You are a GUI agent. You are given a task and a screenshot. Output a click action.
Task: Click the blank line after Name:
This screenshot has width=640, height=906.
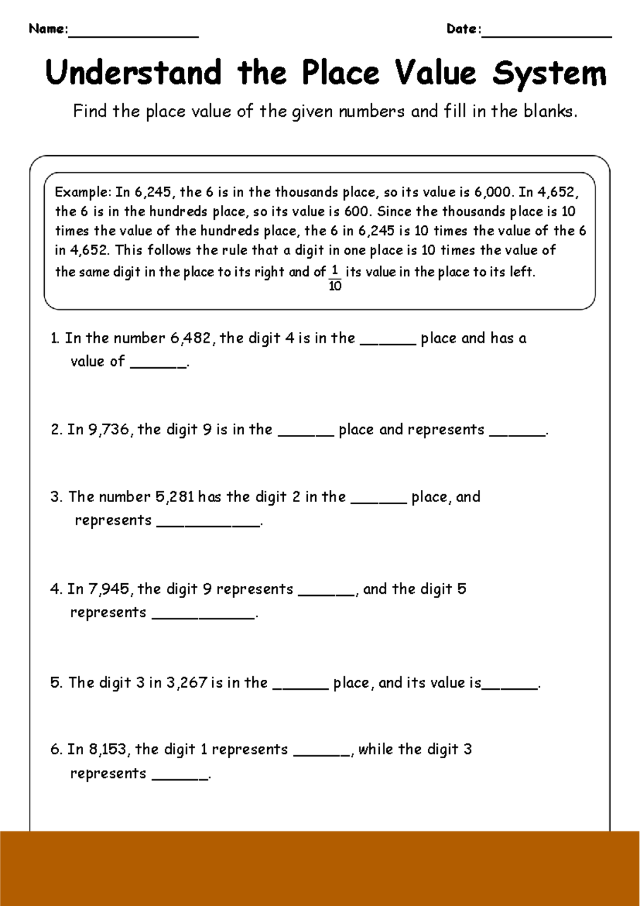pos(133,35)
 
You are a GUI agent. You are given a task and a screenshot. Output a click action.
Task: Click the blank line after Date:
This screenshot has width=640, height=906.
pos(546,35)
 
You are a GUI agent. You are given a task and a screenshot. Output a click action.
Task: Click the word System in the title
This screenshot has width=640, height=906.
pos(549,73)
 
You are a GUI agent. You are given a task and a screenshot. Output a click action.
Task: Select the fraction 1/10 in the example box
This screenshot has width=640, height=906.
pos(335,279)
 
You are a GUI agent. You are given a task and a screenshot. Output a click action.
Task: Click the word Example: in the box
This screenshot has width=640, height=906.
pos(83,192)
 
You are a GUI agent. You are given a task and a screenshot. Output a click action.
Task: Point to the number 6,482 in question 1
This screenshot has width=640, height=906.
pos(191,338)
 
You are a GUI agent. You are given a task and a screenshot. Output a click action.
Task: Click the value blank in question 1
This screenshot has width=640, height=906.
pos(158,365)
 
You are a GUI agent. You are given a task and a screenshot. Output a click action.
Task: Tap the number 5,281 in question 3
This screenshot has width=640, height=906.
pos(175,497)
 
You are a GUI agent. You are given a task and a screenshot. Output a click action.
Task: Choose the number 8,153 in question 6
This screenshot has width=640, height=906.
pos(109,749)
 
